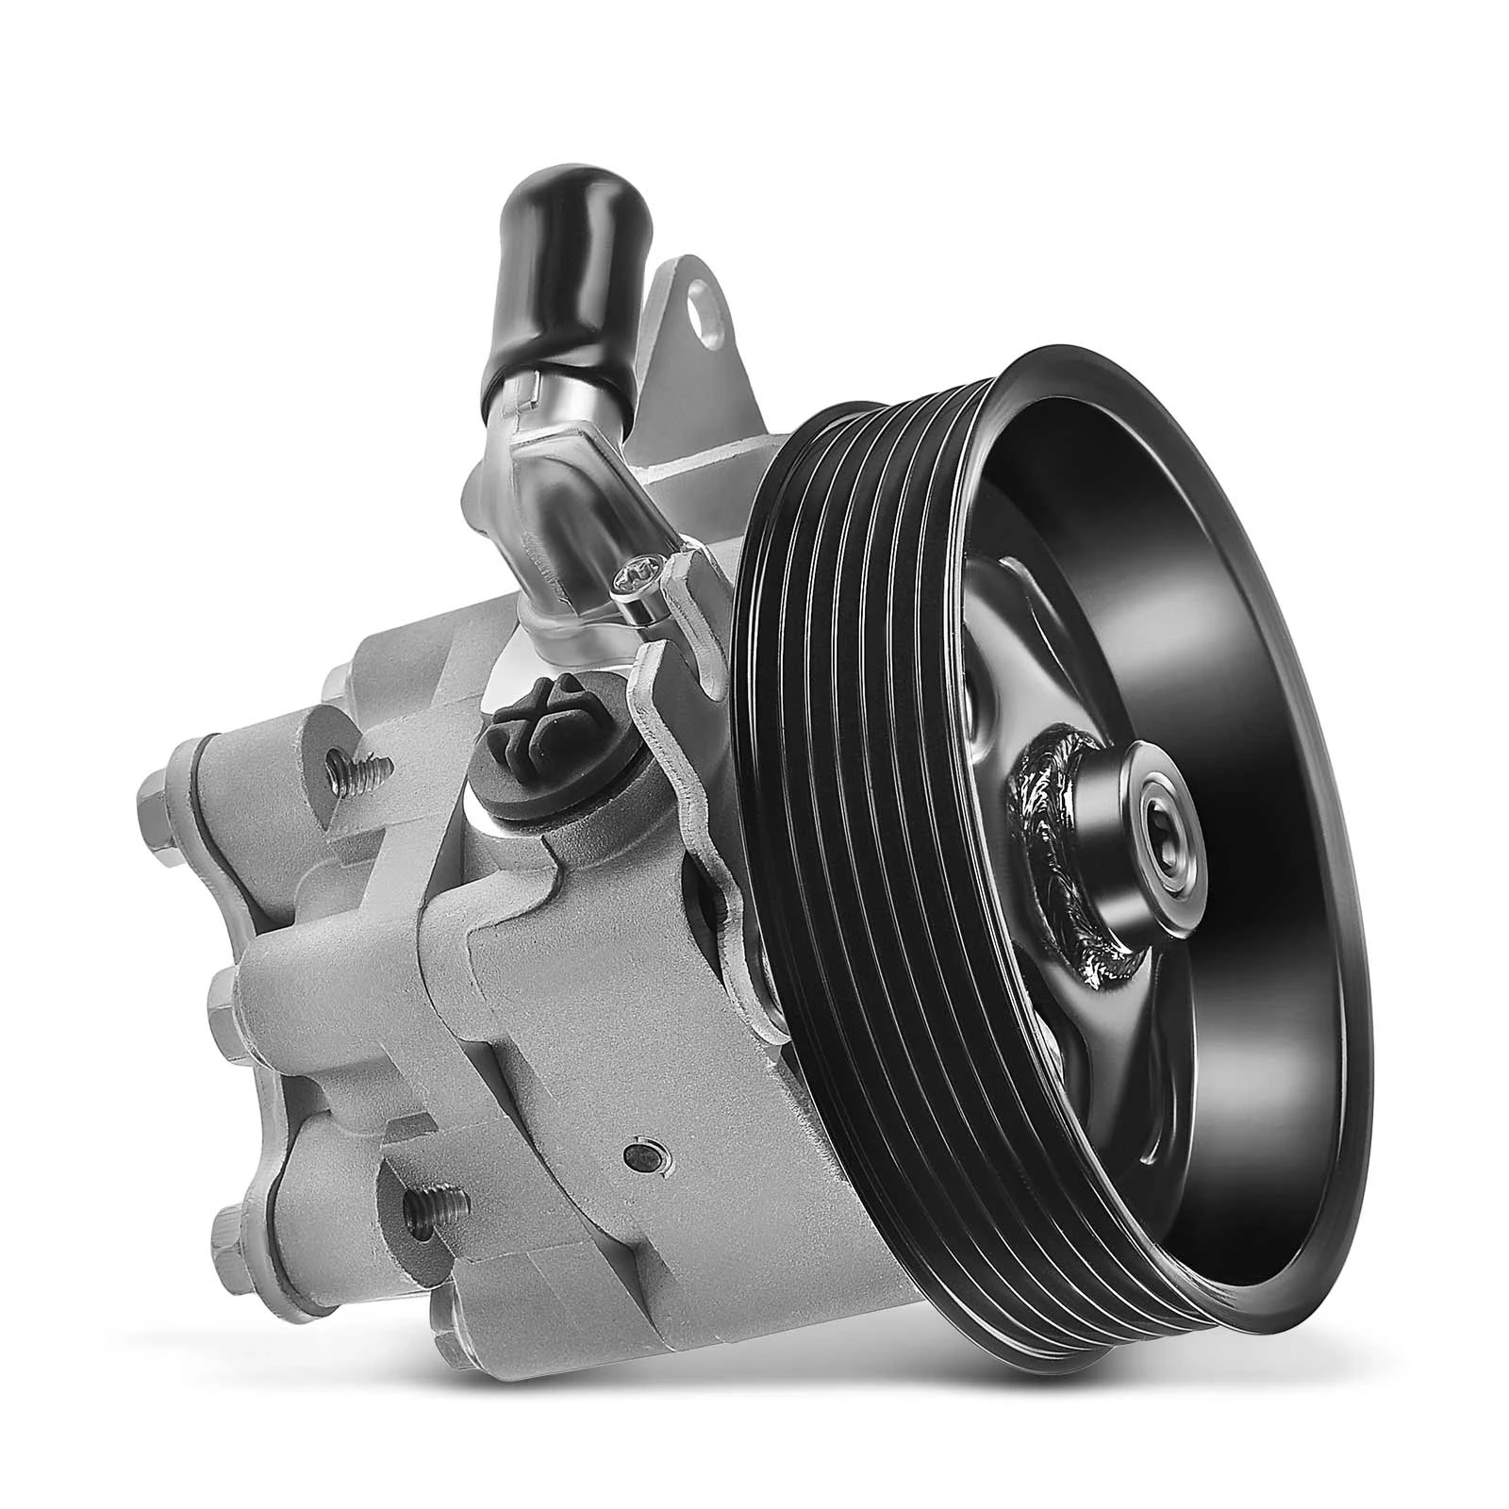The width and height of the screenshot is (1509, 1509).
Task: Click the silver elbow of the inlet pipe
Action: pos(547,528)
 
